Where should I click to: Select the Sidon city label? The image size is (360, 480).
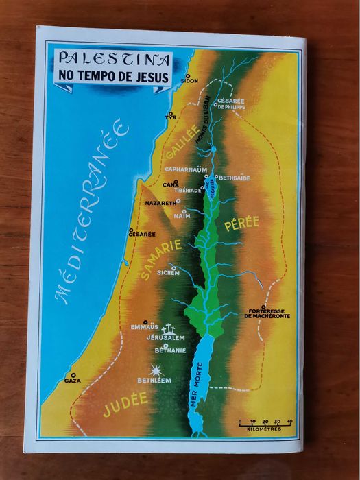tap(190, 80)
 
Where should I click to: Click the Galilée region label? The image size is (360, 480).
tap(185, 143)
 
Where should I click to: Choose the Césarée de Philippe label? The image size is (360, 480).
tap(230, 104)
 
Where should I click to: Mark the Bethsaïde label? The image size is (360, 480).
tap(235, 178)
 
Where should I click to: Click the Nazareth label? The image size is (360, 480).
tap(160, 203)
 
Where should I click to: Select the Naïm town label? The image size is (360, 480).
tap(182, 215)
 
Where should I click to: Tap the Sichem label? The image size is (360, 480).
tap(168, 272)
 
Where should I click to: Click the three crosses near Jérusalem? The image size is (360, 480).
tap(168, 329)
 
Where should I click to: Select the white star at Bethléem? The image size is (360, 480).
tap(156, 371)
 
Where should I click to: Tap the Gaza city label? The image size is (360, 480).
tap(72, 380)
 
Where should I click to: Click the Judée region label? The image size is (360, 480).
tap(125, 404)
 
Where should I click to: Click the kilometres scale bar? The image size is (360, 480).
tap(265, 425)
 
